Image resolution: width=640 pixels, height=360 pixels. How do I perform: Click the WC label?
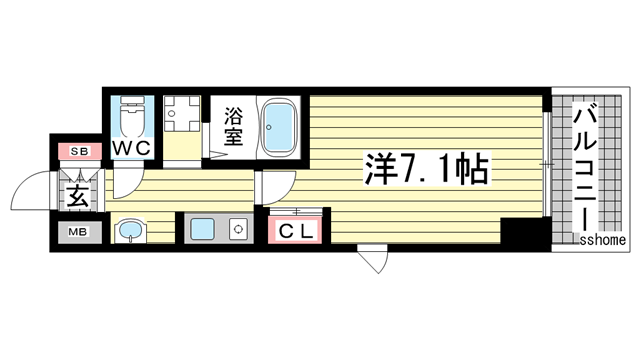tap(130, 148)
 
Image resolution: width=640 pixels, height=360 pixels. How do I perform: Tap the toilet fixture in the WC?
tap(131, 119)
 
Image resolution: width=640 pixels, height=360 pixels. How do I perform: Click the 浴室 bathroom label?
tap(234, 126)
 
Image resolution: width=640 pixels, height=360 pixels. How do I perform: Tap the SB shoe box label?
tap(77, 152)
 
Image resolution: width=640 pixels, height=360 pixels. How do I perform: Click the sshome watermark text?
tap(603, 240)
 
